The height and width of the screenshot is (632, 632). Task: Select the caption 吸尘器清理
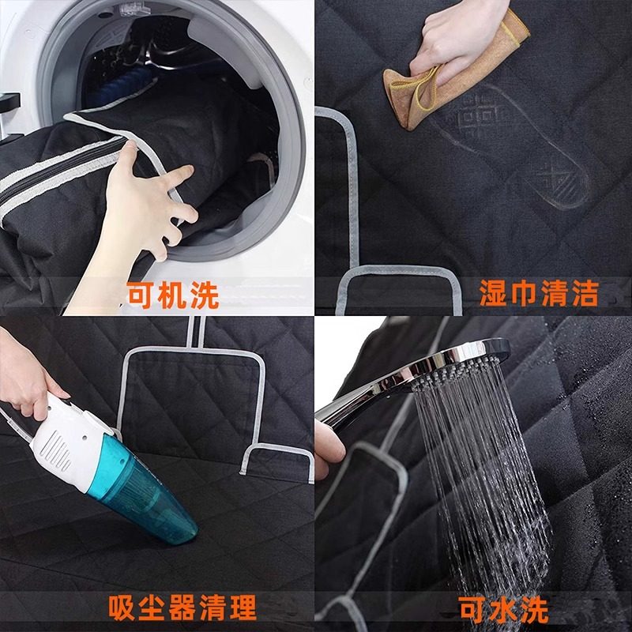(x=182, y=608)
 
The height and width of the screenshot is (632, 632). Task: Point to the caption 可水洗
(x=503, y=608)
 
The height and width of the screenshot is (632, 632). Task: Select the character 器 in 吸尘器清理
(x=182, y=608)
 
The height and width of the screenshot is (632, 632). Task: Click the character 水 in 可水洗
(x=503, y=608)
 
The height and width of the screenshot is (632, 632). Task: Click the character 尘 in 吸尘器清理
(x=151, y=608)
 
